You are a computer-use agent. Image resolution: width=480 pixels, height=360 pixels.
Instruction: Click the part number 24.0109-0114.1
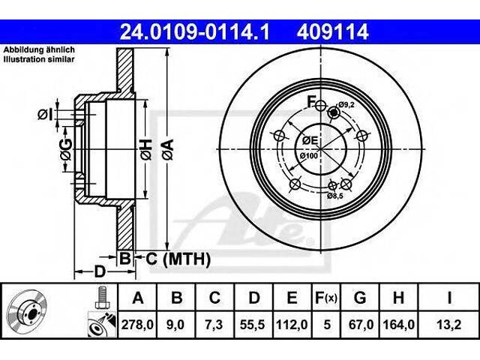195,31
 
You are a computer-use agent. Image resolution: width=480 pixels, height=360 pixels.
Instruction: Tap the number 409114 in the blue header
332,31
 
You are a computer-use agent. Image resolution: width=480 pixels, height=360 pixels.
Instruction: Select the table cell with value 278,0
137,325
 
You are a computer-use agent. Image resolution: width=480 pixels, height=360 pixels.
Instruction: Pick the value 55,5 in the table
253,325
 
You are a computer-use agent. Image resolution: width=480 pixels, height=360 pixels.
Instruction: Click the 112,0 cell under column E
292,325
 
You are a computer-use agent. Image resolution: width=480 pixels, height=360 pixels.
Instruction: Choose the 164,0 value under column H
398,325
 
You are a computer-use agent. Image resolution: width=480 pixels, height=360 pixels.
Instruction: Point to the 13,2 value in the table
448,325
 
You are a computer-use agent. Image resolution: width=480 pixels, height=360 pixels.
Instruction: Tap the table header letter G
360,298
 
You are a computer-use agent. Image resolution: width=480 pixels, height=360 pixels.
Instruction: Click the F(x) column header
326,298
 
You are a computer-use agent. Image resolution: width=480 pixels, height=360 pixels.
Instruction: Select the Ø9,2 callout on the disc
346,105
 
